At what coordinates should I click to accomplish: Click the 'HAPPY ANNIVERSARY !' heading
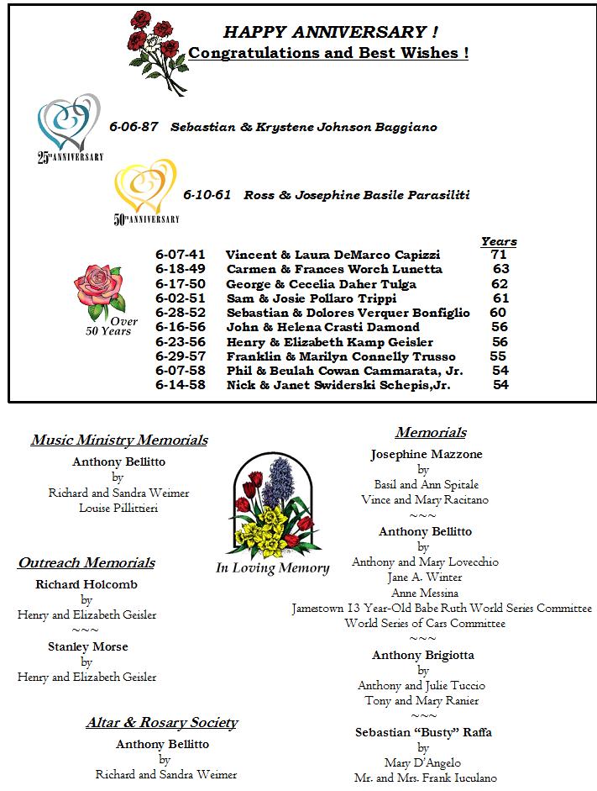[330, 33]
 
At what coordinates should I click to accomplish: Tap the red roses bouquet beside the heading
[158, 48]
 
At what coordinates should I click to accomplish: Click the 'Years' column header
[499, 242]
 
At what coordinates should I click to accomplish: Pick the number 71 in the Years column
[499, 255]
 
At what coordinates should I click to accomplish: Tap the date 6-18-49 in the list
[180, 269]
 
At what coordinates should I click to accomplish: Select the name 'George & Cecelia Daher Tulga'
[321, 284]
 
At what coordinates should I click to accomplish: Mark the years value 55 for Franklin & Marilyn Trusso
[497, 356]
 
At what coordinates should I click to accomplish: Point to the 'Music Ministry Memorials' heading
[119, 440]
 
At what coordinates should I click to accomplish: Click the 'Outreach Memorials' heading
[86, 563]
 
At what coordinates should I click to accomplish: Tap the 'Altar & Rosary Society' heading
[162, 723]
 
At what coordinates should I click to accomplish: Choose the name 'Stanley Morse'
[86, 646]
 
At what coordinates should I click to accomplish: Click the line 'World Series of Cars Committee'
[425, 624]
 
